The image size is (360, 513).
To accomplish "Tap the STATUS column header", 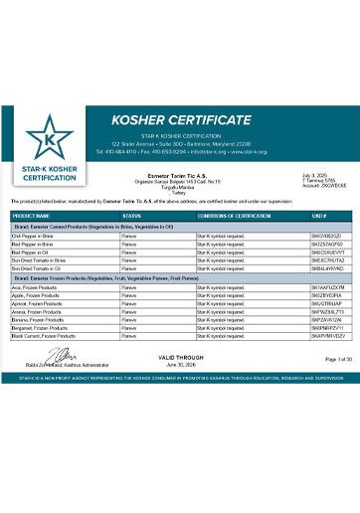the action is (x=131, y=215).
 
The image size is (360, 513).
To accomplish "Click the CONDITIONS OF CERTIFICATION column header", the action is (x=228, y=215).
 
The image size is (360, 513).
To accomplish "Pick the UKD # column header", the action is (x=319, y=215).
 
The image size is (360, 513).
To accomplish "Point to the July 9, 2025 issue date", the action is (x=314, y=175).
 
